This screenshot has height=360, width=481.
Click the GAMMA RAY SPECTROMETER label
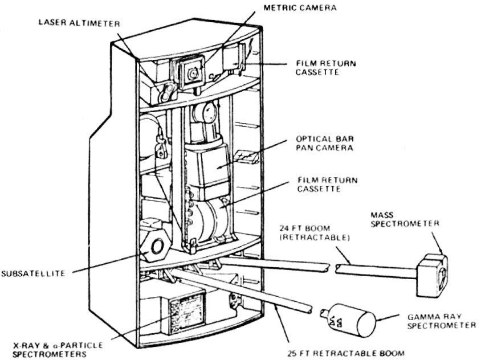441,321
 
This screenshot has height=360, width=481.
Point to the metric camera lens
193,72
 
